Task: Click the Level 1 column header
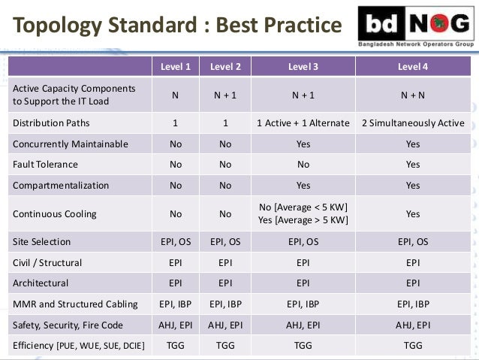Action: click(x=176, y=66)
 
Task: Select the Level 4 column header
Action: click(x=413, y=66)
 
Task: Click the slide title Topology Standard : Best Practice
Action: click(x=177, y=27)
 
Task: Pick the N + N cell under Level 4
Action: click(x=413, y=95)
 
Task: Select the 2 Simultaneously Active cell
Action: click(x=413, y=123)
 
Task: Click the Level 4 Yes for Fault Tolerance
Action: click(x=413, y=164)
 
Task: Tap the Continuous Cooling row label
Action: click(x=54, y=213)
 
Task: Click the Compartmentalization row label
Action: click(x=61, y=185)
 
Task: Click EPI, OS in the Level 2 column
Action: click(x=225, y=242)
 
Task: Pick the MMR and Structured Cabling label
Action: click(x=75, y=304)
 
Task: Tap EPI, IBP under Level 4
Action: click(x=413, y=304)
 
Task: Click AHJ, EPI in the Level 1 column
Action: click(x=176, y=325)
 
